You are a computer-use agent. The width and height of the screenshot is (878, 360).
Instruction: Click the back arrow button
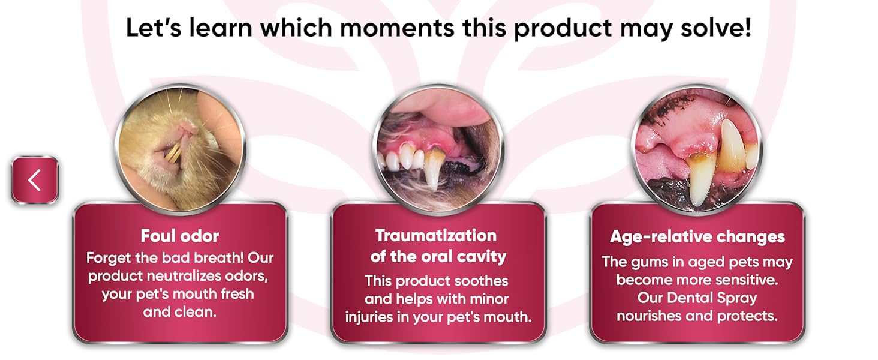(x=35, y=180)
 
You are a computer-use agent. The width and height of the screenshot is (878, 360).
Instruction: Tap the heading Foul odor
(x=180, y=235)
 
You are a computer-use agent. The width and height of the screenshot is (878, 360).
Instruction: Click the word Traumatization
(x=436, y=235)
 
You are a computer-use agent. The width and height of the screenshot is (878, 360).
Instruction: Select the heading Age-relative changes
(x=697, y=237)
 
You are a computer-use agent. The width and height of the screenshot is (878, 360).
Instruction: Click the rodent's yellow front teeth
(x=173, y=153)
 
